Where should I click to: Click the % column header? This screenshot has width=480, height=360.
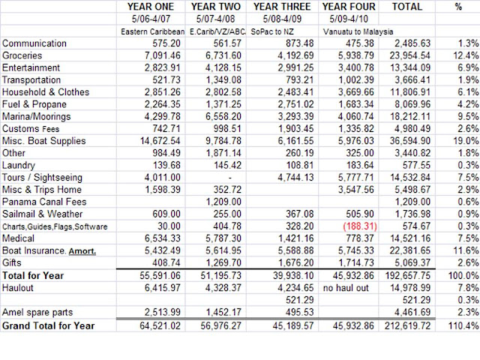(x=458, y=6)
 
